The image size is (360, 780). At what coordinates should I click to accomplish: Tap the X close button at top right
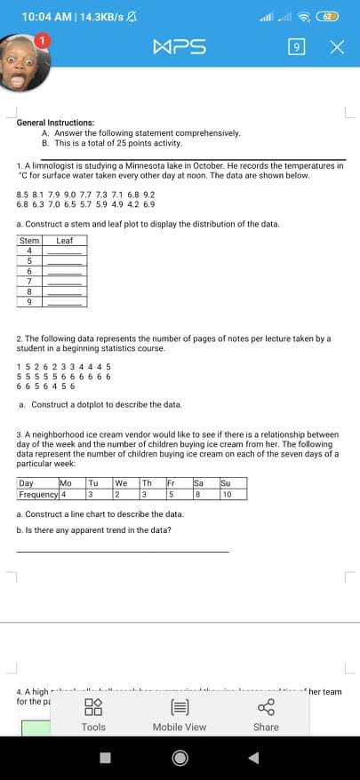tap(336, 46)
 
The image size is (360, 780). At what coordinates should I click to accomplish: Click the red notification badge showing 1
tap(40, 40)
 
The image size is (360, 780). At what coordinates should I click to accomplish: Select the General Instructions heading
tap(56, 122)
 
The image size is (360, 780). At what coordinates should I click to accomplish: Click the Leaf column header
tap(64, 240)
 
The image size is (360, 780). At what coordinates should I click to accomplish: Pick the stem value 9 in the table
tap(29, 302)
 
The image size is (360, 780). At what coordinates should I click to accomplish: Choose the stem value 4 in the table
tap(29, 251)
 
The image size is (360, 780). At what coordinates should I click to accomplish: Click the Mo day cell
tap(64, 482)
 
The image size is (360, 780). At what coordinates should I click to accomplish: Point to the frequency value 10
tap(228, 493)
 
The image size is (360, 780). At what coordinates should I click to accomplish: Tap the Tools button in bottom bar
tap(93, 715)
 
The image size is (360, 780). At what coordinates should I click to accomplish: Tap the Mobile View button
tap(180, 715)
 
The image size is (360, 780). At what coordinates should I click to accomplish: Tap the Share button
tap(266, 715)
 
